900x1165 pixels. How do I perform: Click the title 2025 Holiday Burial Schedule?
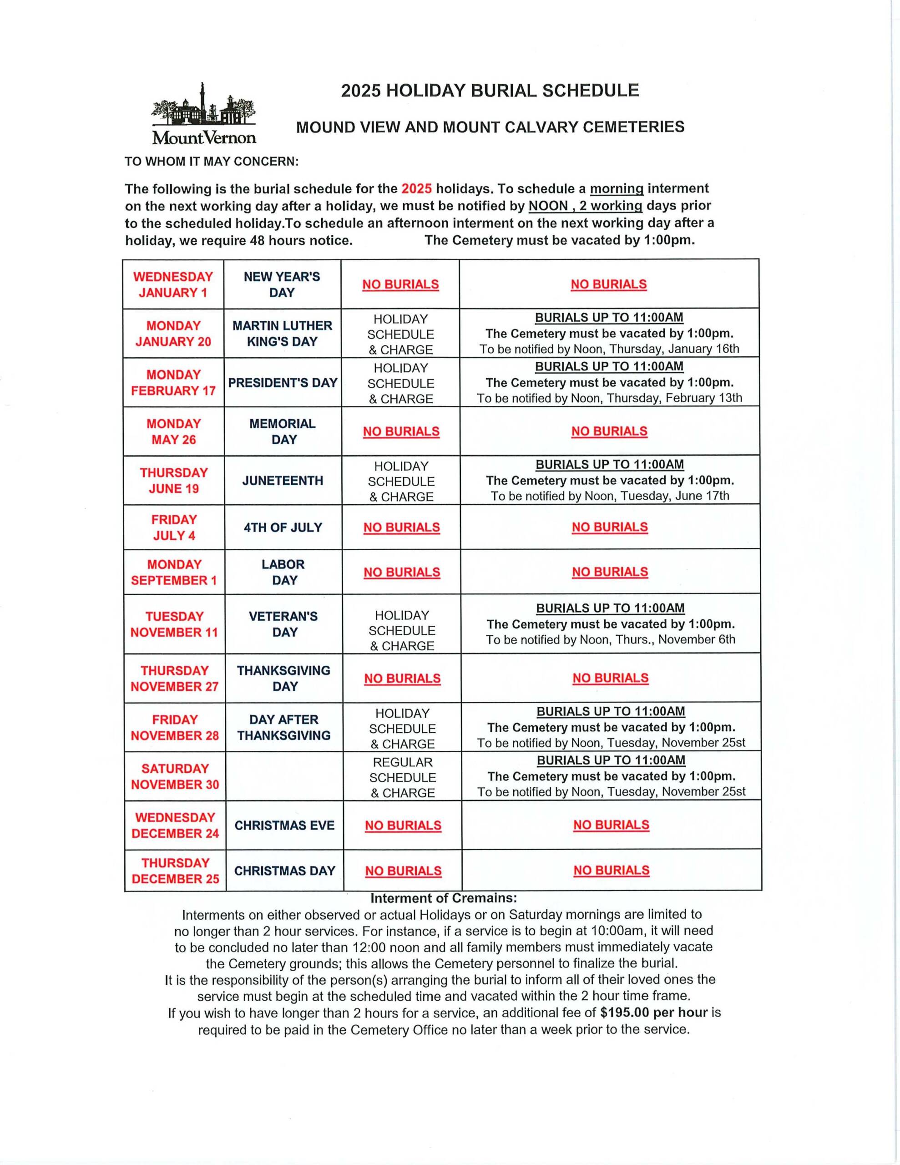click(490, 91)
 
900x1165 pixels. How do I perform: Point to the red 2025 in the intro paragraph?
click(416, 189)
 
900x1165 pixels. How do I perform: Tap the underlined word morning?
click(617, 189)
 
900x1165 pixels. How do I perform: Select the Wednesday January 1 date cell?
click(173, 284)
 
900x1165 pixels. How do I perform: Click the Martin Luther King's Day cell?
click(282, 334)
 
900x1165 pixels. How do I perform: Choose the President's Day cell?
click(283, 382)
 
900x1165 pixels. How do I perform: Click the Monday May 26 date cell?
click(173, 431)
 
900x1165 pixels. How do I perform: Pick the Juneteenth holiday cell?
click(283, 481)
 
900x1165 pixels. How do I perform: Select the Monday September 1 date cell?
click(174, 572)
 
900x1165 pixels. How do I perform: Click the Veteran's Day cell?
click(283, 624)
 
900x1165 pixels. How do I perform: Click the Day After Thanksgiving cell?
click(284, 728)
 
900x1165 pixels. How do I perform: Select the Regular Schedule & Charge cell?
click(402, 777)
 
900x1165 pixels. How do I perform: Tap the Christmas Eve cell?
click(284, 825)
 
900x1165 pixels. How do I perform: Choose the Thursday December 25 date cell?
click(175, 871)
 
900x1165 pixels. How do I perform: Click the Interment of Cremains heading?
click(444, 898)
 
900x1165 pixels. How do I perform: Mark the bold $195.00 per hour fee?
click(653, 1013)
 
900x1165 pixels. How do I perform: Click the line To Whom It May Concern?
click(212, 162)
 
